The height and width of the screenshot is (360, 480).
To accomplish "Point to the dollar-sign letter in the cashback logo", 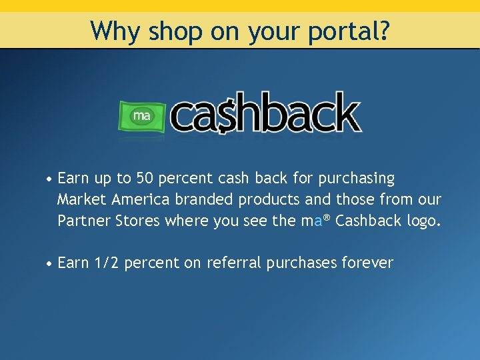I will pos(228,115).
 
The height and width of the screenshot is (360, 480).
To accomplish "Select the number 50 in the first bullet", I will pos(145,179).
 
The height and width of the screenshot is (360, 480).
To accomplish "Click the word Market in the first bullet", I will pos(82,199).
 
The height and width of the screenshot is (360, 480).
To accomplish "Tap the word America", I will pos(141,199).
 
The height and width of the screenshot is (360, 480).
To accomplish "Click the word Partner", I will pos(84,221).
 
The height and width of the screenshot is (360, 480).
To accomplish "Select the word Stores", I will pos(137,221).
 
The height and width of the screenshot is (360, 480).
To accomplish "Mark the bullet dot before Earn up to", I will pos(50,180).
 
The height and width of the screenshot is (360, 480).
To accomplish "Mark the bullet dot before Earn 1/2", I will pos(50,264).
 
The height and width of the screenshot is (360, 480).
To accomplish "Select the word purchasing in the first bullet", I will pos(357,179).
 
